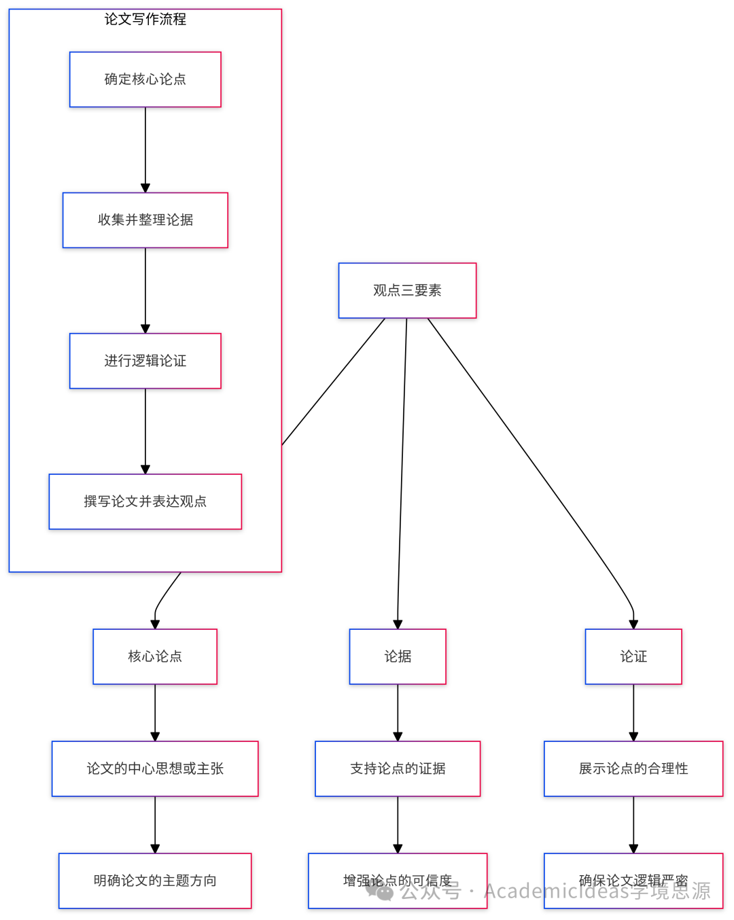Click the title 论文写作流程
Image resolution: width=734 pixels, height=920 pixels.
[145, 19]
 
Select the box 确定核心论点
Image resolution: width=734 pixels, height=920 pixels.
[145, 79]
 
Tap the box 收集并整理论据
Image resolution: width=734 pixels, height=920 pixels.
[145, 220]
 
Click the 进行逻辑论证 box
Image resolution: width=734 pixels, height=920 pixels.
[145, 361]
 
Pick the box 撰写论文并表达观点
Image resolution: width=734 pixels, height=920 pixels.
[145, 501]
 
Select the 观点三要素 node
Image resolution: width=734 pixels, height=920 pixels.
[407, 290]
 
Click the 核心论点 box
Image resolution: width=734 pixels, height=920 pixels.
[155, 656]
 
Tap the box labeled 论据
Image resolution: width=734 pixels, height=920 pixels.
[398, 656]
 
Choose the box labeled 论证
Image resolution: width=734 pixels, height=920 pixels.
[633, 656]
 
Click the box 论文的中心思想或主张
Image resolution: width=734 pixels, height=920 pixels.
[155, 768]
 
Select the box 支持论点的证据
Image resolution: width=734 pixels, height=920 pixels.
[398, 768]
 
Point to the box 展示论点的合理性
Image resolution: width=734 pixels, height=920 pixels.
[633, 768]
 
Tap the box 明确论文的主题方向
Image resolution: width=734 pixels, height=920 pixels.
[155, 881]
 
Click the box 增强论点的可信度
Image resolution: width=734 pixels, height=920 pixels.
[398, 881]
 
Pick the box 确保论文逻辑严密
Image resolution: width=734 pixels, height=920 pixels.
[633, 881]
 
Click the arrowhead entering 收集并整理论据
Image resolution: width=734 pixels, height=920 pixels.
[145, 188]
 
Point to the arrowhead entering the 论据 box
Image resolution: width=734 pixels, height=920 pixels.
[398, 624]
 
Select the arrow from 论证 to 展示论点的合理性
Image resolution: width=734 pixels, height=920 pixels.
[633, 712]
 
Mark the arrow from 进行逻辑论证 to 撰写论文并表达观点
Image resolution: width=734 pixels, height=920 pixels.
[145, 431]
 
